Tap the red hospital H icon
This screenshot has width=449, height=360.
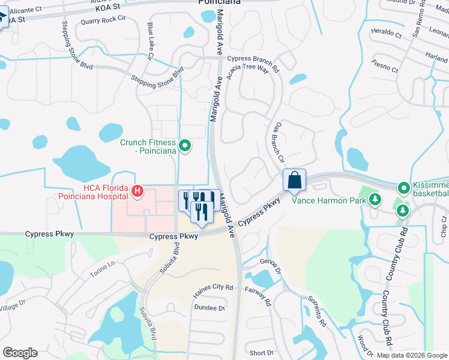137,192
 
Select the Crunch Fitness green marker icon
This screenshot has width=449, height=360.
185,145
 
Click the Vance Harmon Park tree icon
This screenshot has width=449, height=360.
375,199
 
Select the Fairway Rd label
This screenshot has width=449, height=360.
259,297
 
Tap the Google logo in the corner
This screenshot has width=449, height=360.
20,353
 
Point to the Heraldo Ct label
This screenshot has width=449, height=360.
386,33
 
